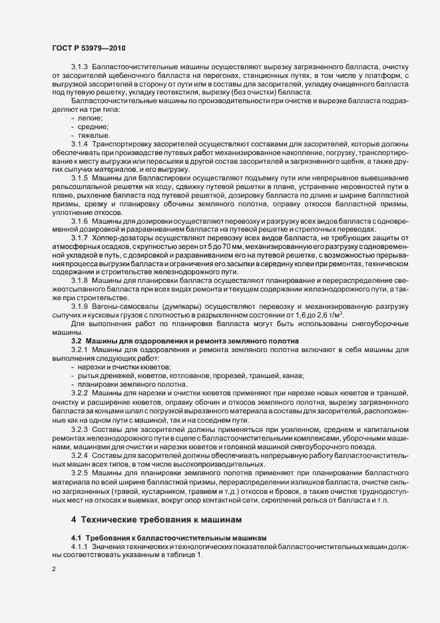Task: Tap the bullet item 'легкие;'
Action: pos(91,117)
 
